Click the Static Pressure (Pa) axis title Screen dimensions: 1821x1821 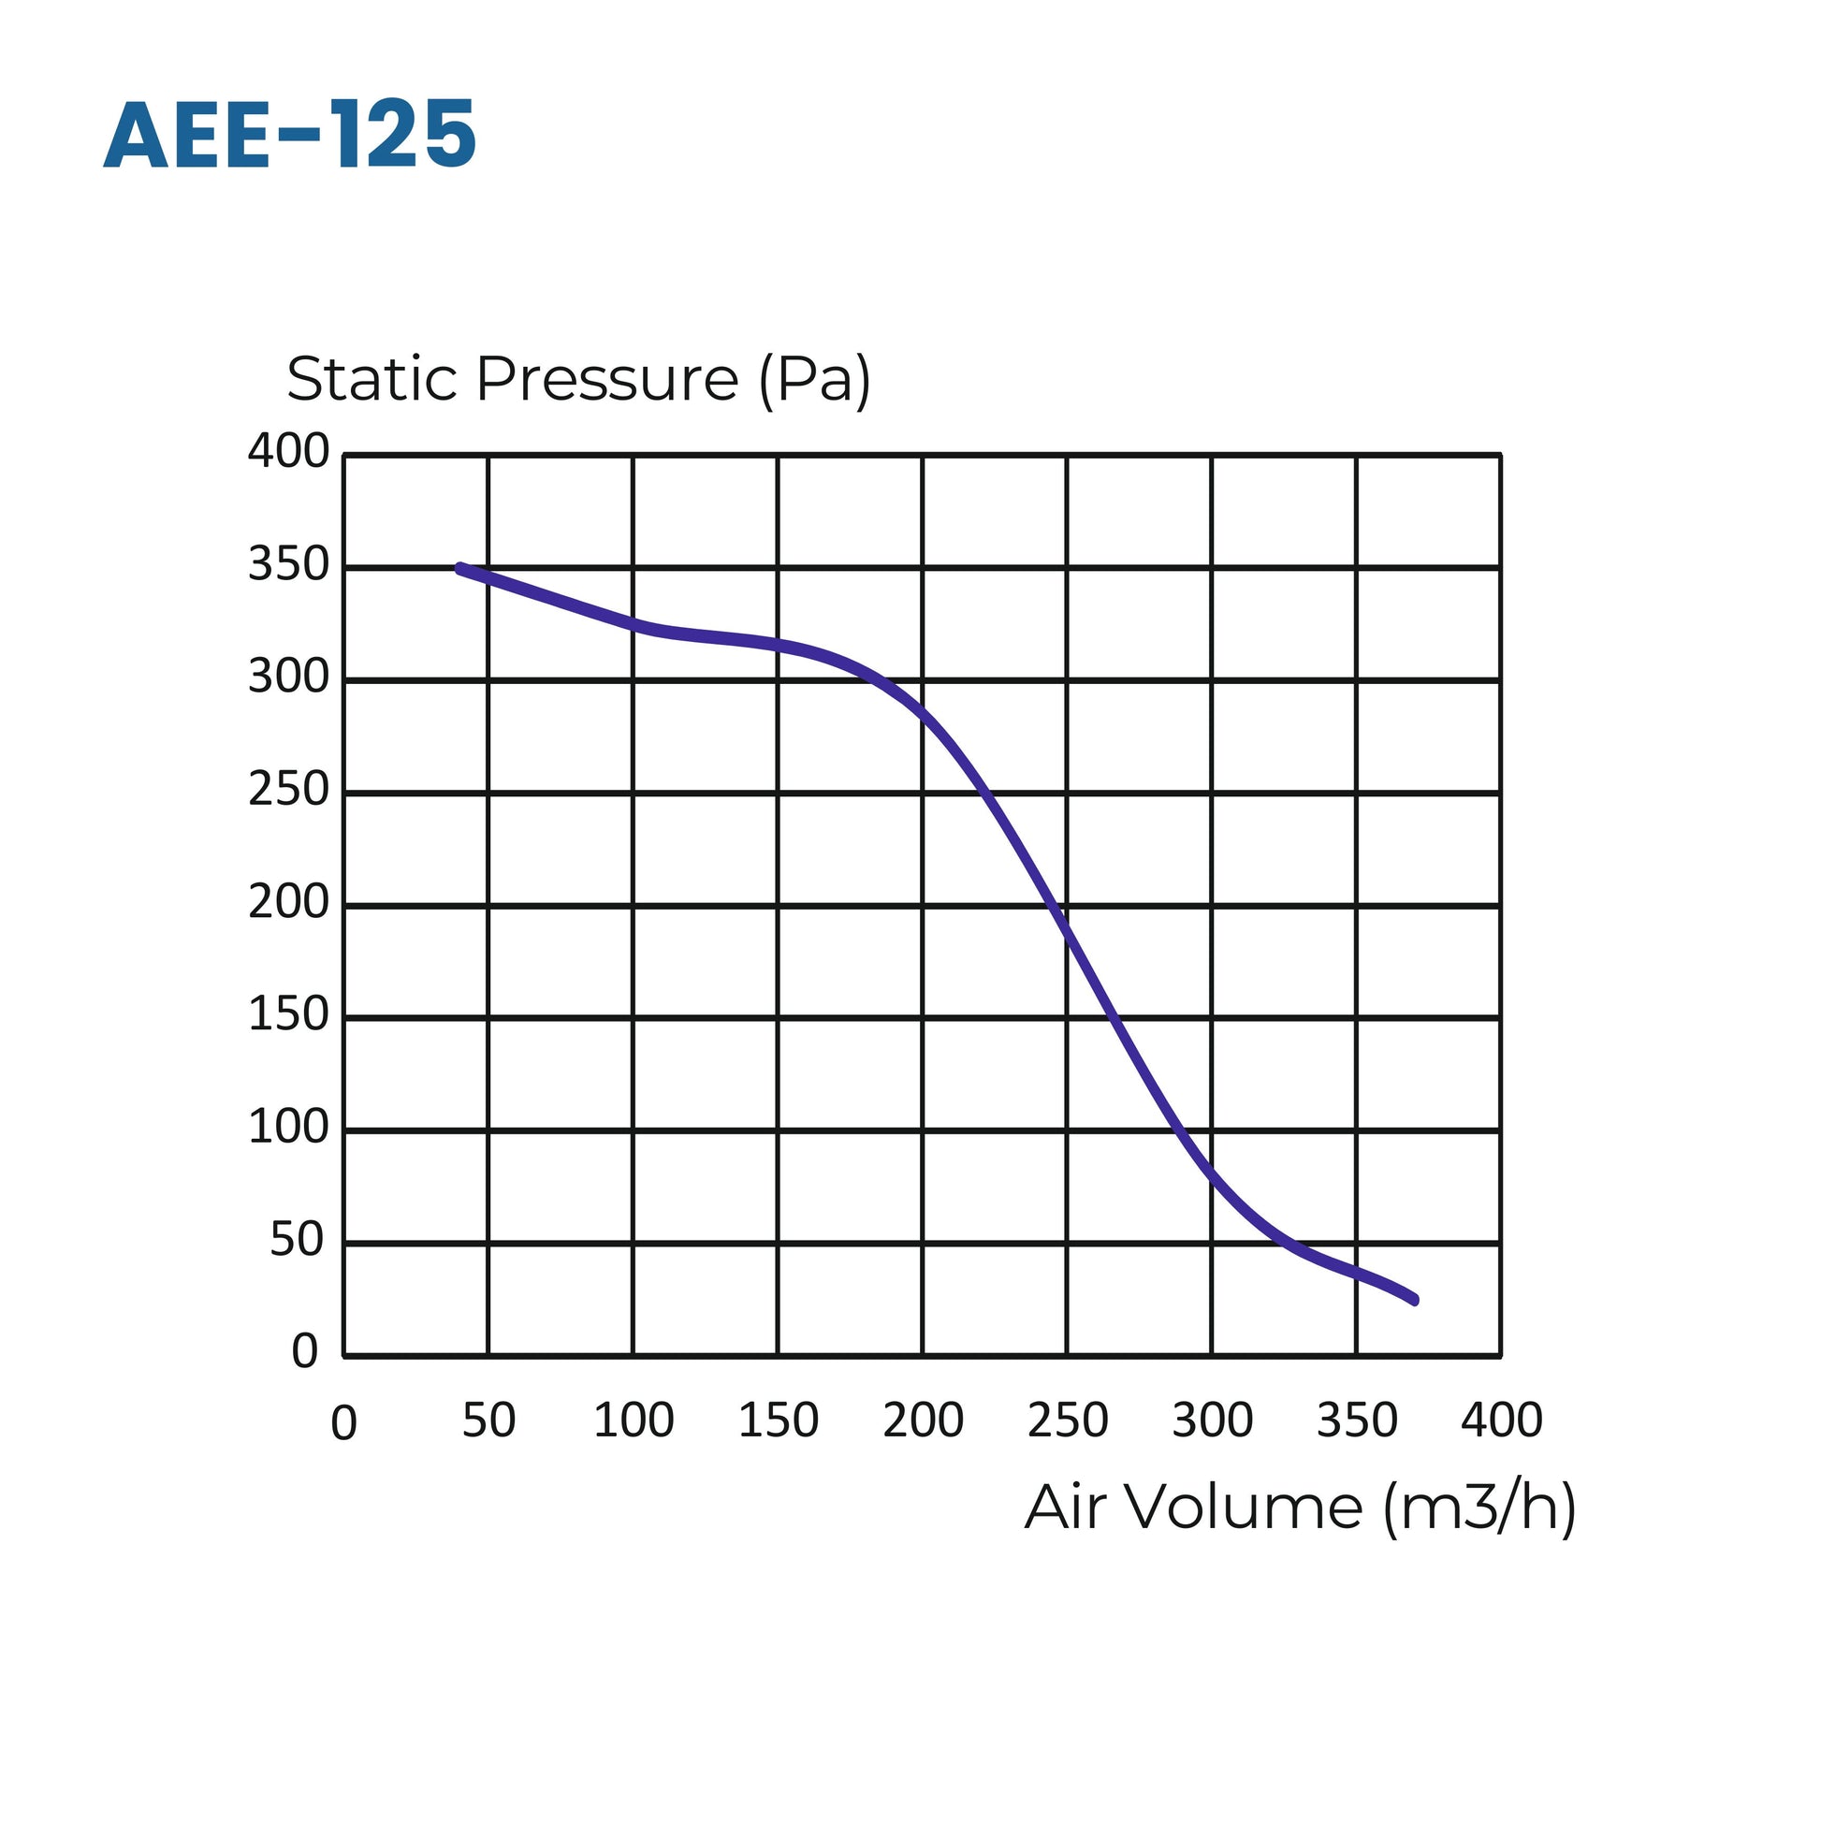577,380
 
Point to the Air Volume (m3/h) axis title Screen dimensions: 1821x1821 1300,1508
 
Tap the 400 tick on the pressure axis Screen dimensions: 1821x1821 288,451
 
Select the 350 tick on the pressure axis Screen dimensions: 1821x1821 288,564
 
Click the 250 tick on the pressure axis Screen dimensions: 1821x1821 288,790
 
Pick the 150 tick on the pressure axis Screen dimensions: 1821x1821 288,1015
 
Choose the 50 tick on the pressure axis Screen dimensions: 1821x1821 297,1241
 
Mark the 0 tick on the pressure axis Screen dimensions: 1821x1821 304,1351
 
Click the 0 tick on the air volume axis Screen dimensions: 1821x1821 344,1423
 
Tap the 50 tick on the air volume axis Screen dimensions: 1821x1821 488,1420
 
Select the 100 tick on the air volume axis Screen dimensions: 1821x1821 634,1420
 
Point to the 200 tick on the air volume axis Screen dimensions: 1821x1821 923,1420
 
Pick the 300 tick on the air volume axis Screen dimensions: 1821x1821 1212,1420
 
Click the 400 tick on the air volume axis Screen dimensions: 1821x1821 1502,1420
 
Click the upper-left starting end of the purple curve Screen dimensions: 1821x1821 460,568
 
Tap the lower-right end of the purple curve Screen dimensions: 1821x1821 1415,1301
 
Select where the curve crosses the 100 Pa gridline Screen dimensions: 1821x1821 1177,1130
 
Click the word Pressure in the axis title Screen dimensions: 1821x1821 607,380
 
